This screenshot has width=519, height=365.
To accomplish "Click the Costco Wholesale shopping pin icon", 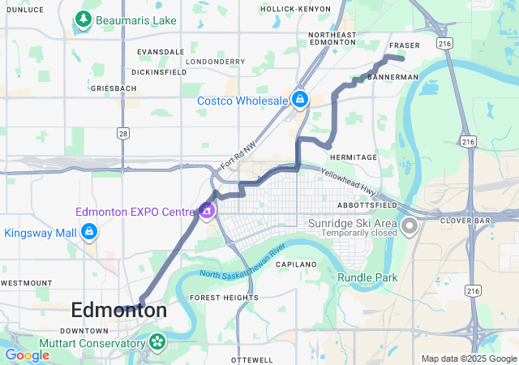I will tap(300, 99).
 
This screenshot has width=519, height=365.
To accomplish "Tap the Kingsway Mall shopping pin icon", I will tap(89, 233).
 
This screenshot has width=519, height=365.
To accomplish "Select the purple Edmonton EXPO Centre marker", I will tap(207, 211).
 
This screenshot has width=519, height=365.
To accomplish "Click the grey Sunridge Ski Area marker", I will tap(410, 223).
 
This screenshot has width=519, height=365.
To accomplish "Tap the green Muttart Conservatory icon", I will tap(155, 343).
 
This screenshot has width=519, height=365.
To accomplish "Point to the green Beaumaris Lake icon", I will tap(82, 18).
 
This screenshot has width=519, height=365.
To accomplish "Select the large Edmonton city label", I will tap(119, 310).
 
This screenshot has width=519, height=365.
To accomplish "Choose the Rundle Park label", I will tap(368, 277).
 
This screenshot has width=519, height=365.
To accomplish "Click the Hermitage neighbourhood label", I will tap(354, 157).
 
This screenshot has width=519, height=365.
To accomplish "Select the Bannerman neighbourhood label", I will tap(392, 77).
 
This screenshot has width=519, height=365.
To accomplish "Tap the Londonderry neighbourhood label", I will tap(215, 61).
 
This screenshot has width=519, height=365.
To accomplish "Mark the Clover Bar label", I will tap(461, 220).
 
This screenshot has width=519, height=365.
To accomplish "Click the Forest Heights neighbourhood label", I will tap(224, 298).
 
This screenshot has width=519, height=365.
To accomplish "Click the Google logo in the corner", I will tap(27, 355).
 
